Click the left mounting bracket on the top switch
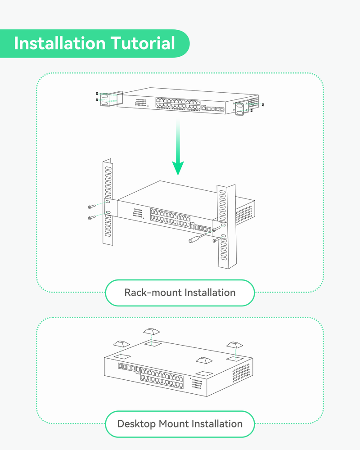tap(109, 99)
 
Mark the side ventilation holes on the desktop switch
tap(241, 373)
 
